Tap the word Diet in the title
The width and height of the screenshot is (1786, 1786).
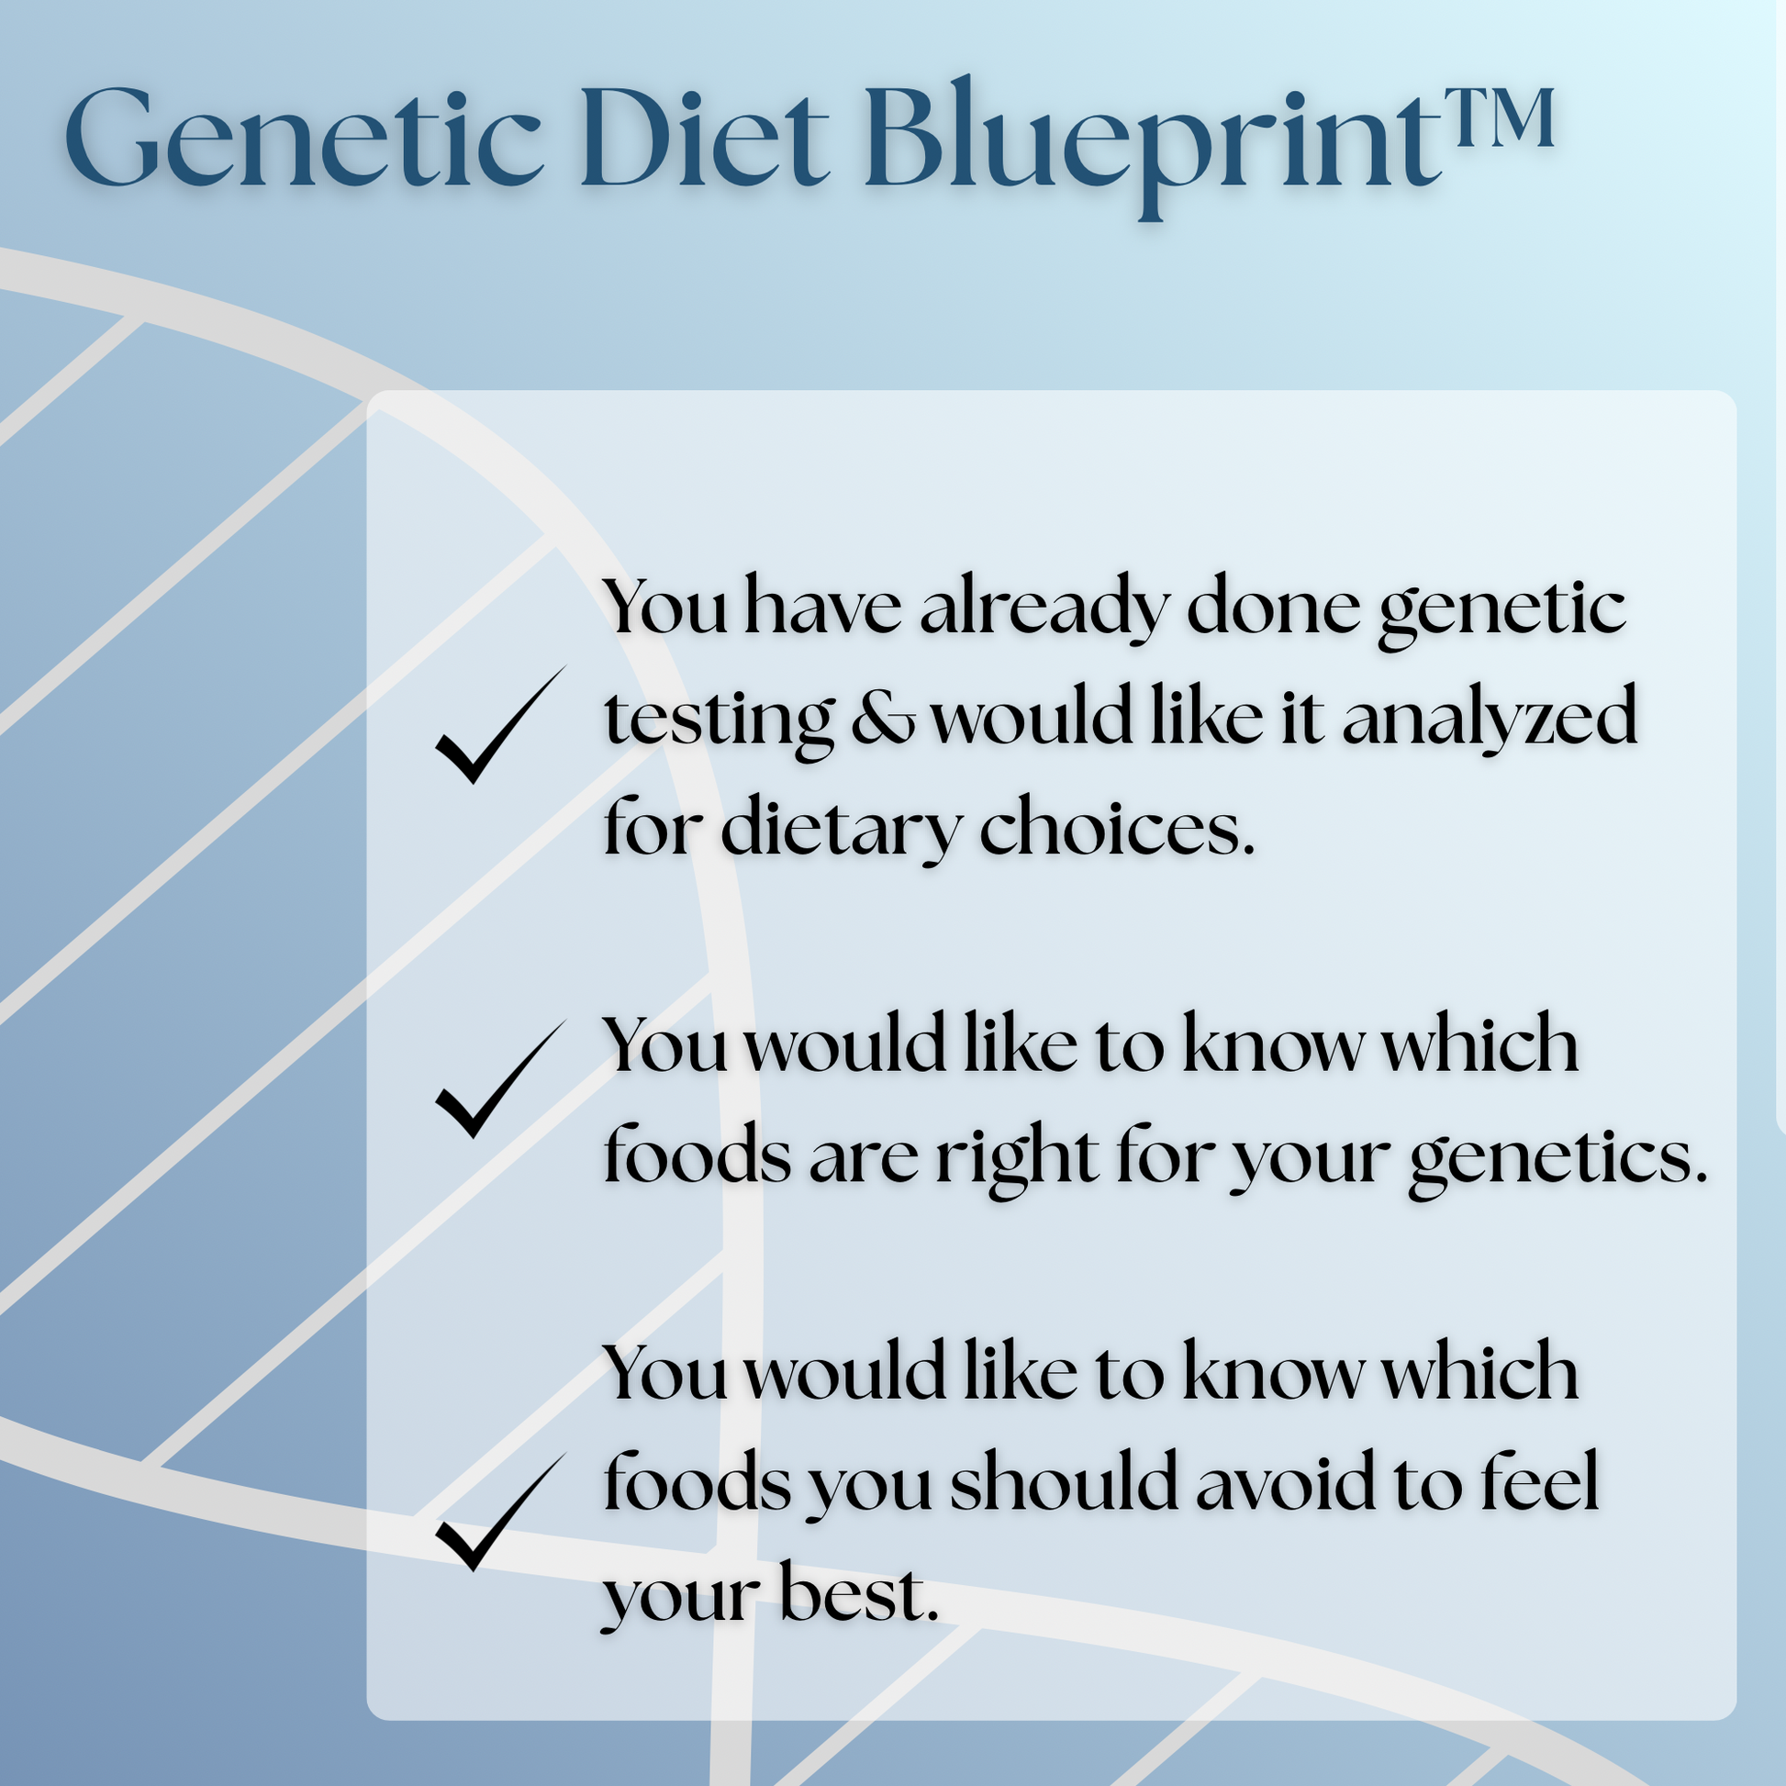click(705, 139)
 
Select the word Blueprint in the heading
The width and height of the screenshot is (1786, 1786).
click(1152, 139)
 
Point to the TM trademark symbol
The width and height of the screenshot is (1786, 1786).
click(1499, 118)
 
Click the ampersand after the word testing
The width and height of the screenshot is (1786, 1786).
click(883, 720)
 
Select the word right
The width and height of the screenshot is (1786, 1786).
click(1017, 1157)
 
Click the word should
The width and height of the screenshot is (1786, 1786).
click(1064, 1484)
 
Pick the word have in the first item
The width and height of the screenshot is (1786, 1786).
click(821, 609)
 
